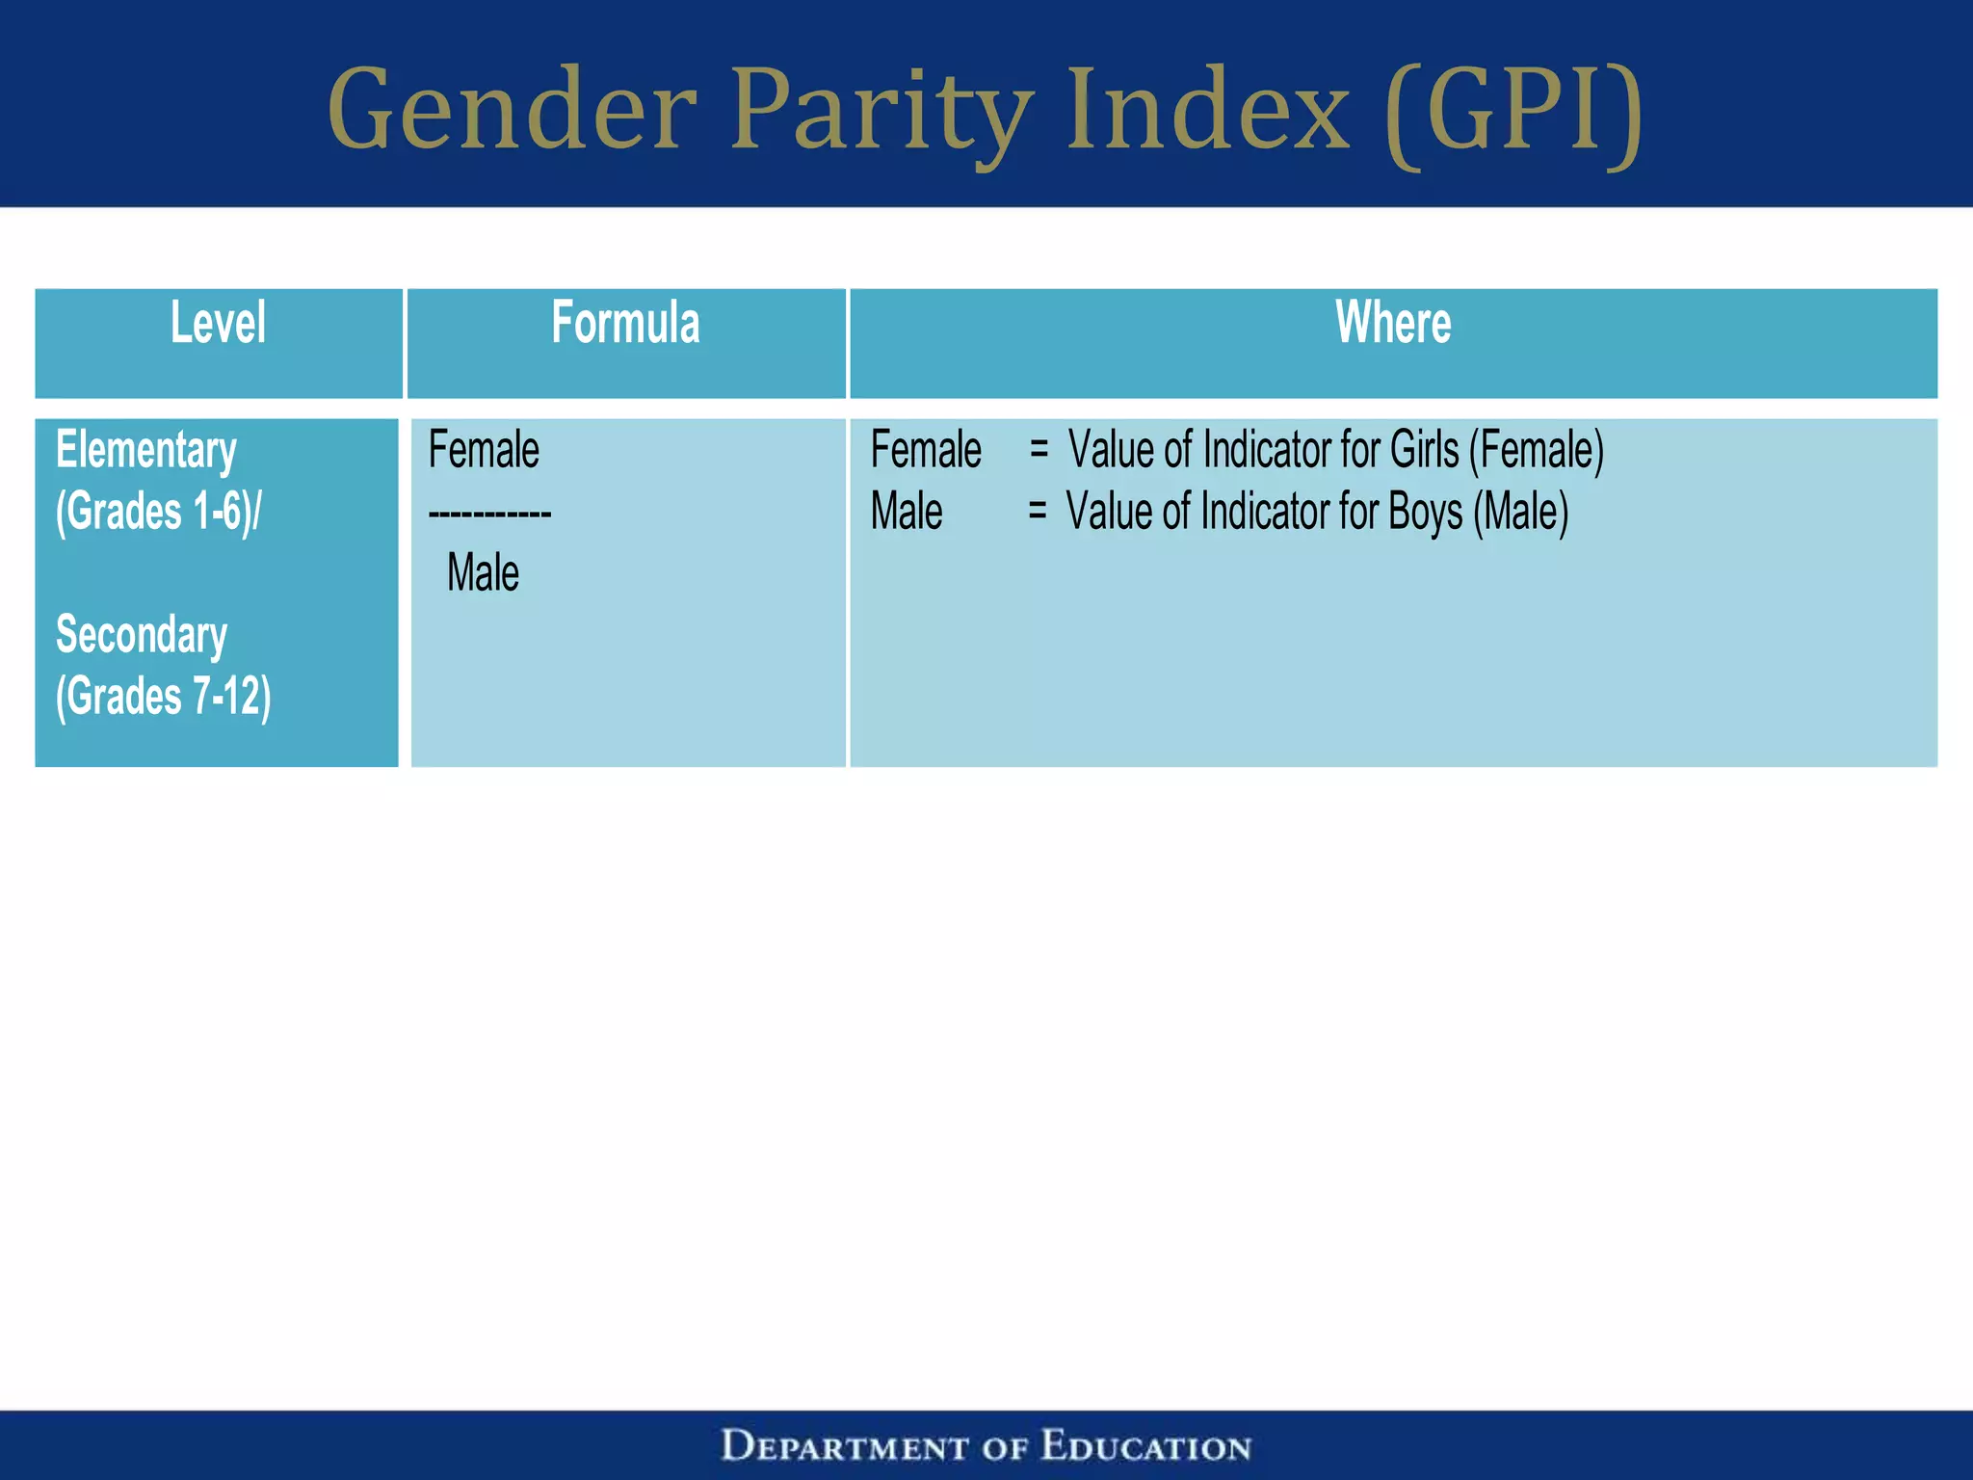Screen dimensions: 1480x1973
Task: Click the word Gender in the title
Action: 512,110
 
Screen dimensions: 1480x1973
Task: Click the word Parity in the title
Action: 881,110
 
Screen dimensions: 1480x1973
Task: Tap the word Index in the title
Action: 1208,110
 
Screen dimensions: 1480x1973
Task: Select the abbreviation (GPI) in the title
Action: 1513,110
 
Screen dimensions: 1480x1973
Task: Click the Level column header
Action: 218,323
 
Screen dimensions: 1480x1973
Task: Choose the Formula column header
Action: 625,323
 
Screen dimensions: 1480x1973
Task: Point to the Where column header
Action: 1393,323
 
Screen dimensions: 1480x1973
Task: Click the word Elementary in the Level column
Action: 145,451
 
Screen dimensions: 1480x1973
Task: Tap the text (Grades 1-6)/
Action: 158,512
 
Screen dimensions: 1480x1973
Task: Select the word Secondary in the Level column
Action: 142,636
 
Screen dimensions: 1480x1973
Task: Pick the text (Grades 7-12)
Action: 163,697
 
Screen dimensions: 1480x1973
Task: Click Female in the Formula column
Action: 484,451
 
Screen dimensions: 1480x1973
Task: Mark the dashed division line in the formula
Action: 489,514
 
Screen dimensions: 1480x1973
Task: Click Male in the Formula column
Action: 483,573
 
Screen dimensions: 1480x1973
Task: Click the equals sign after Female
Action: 1039,449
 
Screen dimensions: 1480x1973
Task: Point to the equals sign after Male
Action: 1037,511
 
